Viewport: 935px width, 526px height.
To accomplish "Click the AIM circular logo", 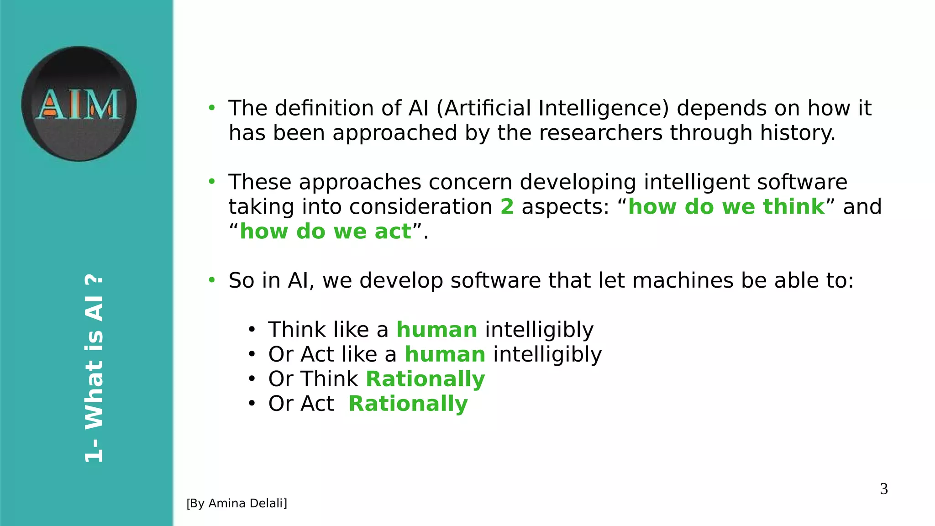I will (79, 104).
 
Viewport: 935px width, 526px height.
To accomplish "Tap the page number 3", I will (884, 489).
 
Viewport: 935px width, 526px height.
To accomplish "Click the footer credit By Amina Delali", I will (236, 503).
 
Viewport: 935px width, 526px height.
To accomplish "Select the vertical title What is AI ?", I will (95, 368).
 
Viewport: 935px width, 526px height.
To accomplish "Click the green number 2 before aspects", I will (507, 207).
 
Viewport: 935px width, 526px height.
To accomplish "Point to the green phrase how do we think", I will (726, 207).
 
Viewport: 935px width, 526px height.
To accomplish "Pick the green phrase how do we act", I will (325, 231).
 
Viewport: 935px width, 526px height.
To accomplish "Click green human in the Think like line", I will (436, 330).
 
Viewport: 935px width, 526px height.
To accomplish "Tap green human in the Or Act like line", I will (445, 354).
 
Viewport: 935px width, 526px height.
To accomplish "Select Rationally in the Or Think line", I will (425, 379).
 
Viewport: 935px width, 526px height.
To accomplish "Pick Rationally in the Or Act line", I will (408, 404).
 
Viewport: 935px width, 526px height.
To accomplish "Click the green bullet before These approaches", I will (211, 182).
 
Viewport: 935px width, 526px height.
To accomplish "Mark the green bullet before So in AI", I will (211, 280).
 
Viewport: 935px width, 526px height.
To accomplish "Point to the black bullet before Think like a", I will (251, 330).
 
